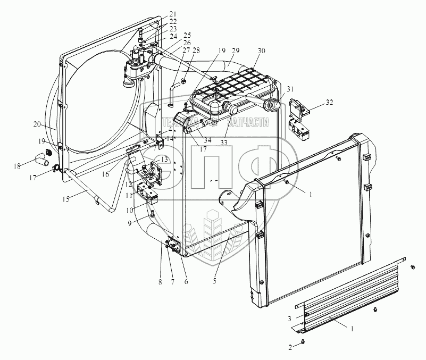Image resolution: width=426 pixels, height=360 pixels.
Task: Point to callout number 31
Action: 289,89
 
